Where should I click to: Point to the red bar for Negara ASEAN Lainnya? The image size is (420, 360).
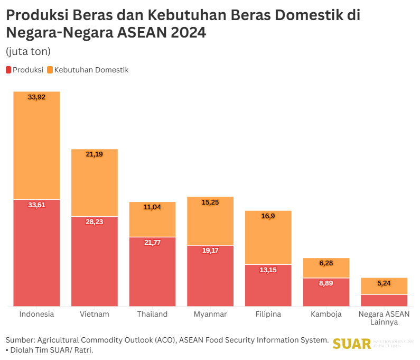pyautogui.click(x=384, y=300)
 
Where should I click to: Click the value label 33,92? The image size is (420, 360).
pyautogui.click(x=36, y=97)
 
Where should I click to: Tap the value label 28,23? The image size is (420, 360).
pyautogui.click(x=95, y=222)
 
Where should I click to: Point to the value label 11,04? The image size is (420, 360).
pyautogui.click(x=153, y=207)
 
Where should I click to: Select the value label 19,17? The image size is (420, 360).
pyautogui.click(x=210, y=251)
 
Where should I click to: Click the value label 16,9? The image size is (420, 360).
pyautogui.click(x=268, y=216)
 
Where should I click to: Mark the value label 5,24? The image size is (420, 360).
pyautogui.click(x=384, y=283)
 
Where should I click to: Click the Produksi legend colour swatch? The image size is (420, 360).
pyautogui.click(x=8, y=70)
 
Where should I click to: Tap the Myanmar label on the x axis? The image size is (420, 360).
pyautogui.click(x=210, y=314)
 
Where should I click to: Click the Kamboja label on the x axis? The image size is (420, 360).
pyautogui.click(x=326, y=314)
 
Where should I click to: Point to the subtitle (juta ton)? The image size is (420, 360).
pyautogui.click(x=28, y=51)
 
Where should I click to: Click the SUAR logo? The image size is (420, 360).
pyautogui.click(x=351, y=344)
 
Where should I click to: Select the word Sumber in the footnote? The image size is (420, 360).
pyautogui.click(x=19, y=340)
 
